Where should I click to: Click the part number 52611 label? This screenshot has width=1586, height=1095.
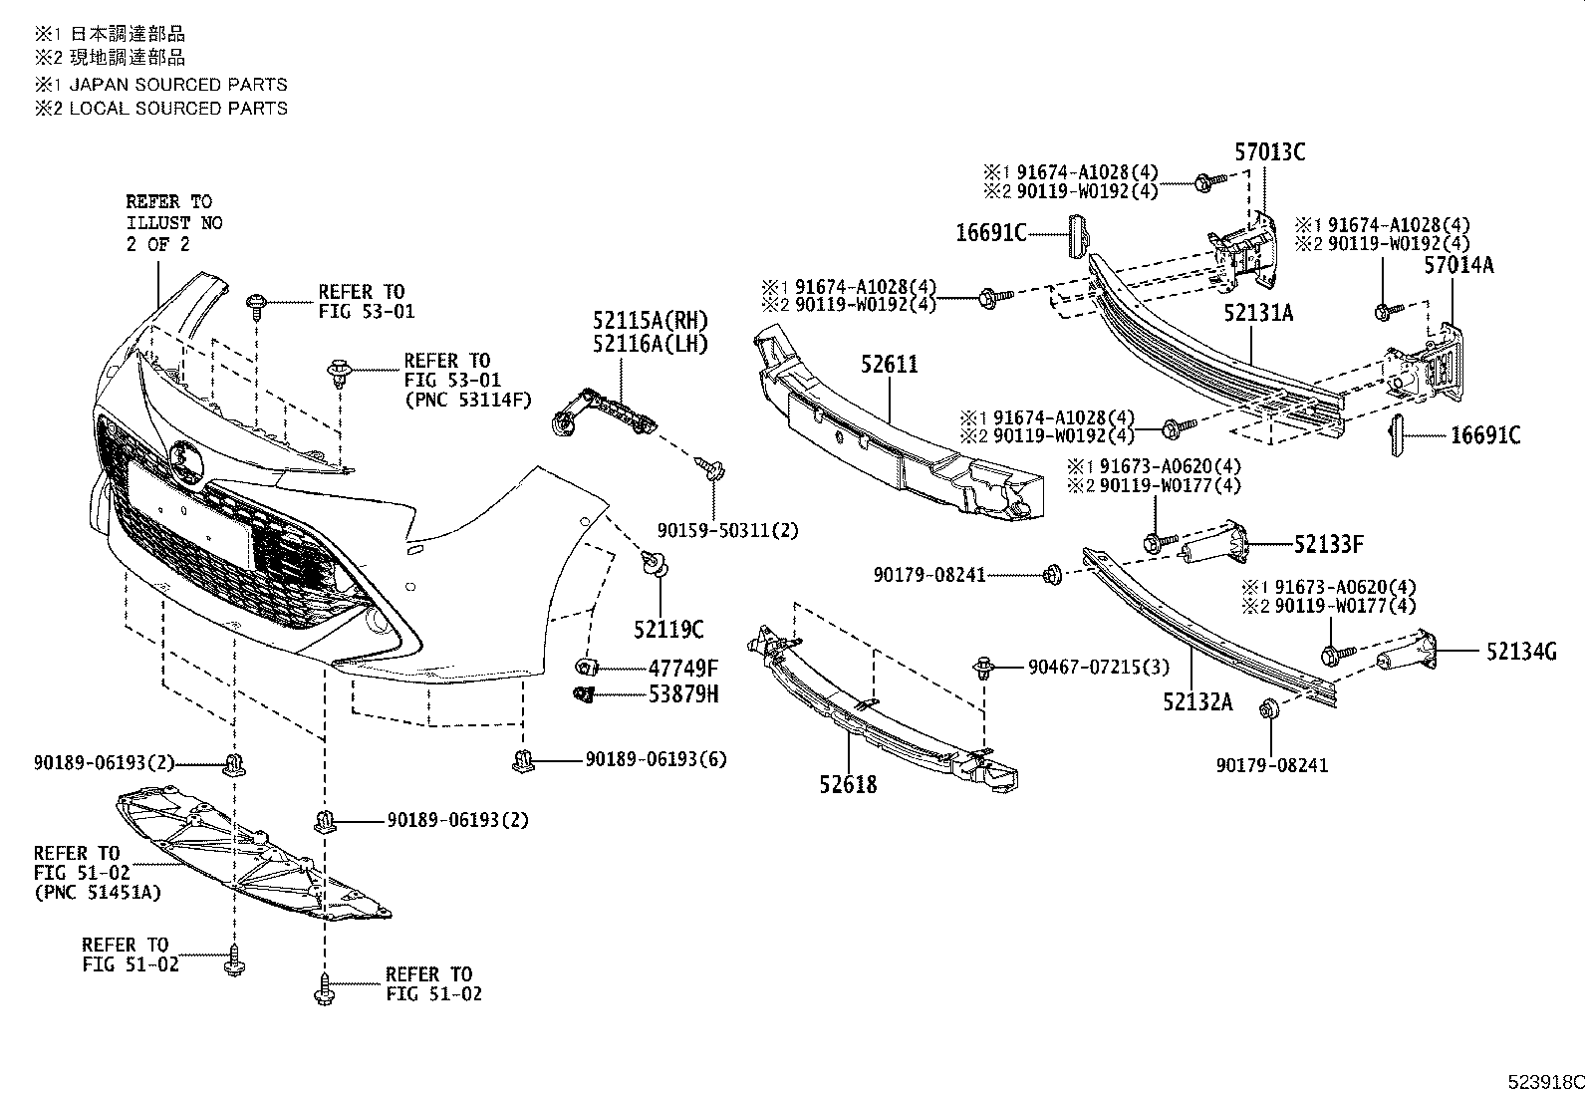(x=890, y=365)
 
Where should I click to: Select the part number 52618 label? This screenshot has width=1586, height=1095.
(x=849, y=785)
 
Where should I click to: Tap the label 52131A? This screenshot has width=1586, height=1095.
(x=1258, y=313)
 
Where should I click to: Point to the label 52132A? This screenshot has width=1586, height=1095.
(x=1196, y=702)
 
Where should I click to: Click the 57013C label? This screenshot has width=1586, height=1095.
(x=1269, y=152)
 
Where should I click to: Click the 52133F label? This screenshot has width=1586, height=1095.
(x=1329, y=544)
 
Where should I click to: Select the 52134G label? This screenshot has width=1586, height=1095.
(x=1521, y=652)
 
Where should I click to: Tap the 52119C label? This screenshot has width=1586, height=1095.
(x=668, y=630)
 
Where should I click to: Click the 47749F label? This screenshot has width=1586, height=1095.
(x=683, y=668)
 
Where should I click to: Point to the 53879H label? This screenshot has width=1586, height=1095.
(x=683, y=694)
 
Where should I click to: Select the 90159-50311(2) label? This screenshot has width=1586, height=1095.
(x=727, y=531)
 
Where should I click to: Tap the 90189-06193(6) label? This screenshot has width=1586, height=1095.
(x=656, y=759)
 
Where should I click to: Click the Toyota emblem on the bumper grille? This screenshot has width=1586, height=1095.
(x=185, y=460)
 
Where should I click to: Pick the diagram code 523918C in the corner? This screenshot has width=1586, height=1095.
(x=1543, y=1082)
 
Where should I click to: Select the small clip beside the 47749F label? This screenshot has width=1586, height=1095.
(x=587, y=667)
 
